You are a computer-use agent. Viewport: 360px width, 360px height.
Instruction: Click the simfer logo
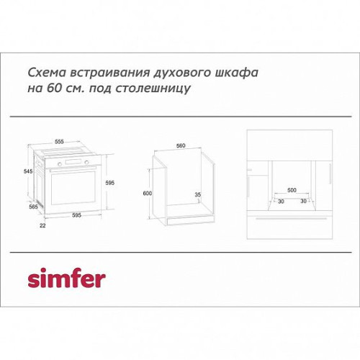(x=67, y=279)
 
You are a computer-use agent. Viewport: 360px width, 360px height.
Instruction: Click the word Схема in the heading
(x=47, y=73)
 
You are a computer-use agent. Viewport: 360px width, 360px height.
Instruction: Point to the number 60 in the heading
(x=53, y=88)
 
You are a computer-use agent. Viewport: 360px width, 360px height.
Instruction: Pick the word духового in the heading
(x=182, y=73)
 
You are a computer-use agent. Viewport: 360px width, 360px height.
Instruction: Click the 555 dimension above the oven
(x=59, y=142)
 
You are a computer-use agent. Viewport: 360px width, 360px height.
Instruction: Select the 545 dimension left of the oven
(x=28, y=171)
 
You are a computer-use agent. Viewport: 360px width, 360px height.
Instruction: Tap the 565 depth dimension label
(x=33, y=207)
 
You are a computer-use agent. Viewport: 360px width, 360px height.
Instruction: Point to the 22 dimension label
(x=42, y=225)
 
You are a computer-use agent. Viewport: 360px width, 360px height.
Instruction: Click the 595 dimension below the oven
(x=76, y=215)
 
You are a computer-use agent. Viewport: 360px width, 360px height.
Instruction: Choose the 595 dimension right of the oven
(x=110, y=183)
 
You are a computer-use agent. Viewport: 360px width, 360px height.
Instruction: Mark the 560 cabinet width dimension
(x=181, y=145)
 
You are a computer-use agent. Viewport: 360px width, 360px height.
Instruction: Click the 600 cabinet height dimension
(x=147, y=193)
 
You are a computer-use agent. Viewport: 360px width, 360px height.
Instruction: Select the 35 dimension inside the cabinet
(x=197, y=194)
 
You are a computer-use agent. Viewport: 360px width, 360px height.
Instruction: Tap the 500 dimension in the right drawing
(x=292, y=190)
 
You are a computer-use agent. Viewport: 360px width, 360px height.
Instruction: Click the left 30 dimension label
(x=281, y=201)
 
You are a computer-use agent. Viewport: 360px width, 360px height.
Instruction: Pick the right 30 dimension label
(x=304, y=201)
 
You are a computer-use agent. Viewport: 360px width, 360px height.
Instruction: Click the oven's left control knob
(x=60, y=164)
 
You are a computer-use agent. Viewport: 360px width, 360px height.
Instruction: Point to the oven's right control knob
(x=86, y=163)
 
